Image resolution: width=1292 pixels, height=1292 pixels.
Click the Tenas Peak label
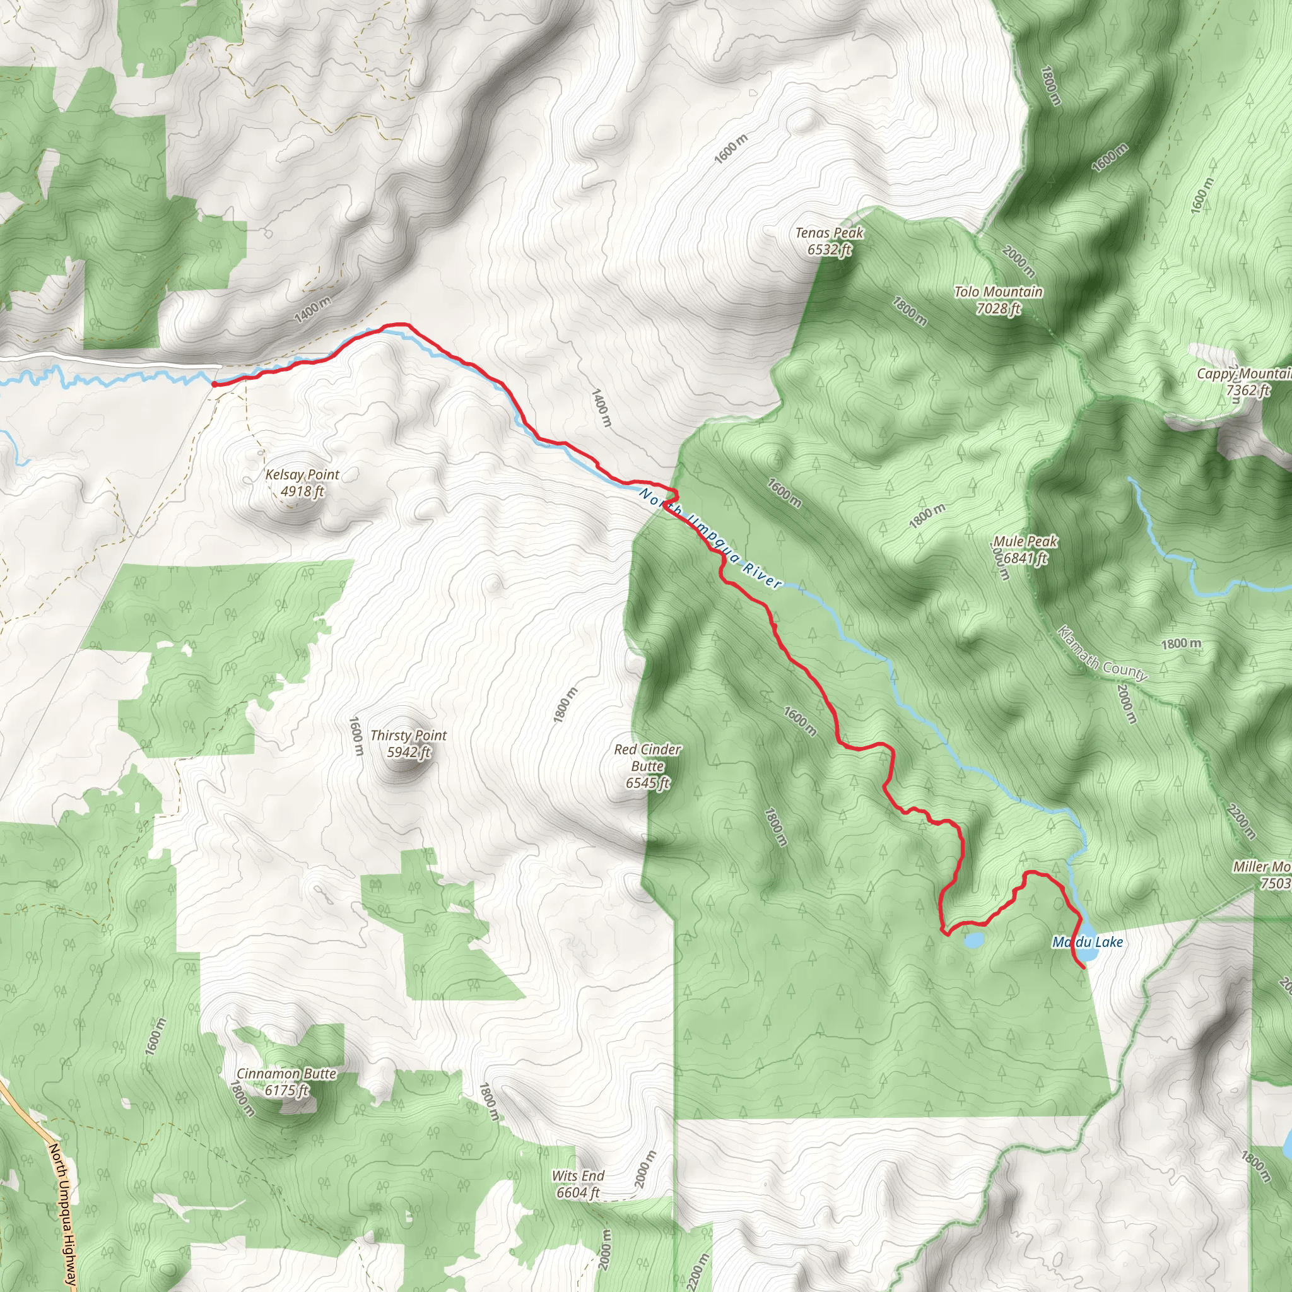[x=828, y=233]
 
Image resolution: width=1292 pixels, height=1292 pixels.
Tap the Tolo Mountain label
[x=998, y=291]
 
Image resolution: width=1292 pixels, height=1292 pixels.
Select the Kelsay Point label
[x=302, y=474]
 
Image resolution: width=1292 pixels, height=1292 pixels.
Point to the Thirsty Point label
[x=409, y=735]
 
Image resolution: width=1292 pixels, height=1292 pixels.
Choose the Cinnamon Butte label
[x=286, y=1073]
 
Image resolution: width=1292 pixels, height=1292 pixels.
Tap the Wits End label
[x=578, y=1176]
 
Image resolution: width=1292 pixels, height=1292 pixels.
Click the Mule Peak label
[x=1025, y=541]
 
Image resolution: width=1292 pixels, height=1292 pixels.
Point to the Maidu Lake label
[x=1088, y=943]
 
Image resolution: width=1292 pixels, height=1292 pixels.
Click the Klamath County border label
[x=1102, y=654]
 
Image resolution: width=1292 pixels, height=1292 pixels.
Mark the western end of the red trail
[x=213, y=384]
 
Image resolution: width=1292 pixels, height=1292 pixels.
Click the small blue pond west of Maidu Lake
[x=973, y=941]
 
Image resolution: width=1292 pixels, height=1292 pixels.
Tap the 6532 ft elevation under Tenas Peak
[x=828, y=250]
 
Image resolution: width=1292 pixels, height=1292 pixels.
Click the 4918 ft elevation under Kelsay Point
[x=302, y=491]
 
